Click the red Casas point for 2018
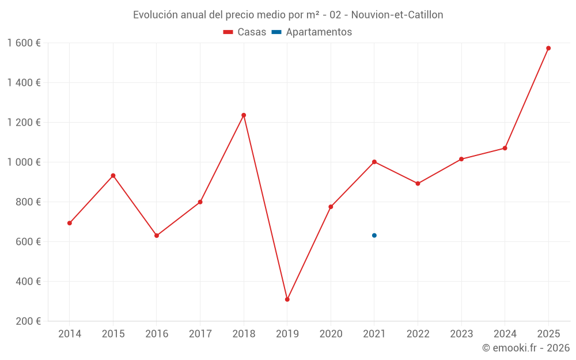(x=244, y=115)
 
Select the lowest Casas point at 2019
(x=287, y=300)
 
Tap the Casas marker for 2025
(x=548, y=48)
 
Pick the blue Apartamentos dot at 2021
(x=374, y=236)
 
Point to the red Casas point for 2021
(x=374, y=162)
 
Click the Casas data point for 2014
(x=70, y=223)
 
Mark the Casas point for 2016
(x=157, y=236)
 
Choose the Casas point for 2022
(x=418, y=184)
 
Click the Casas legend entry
(x=245, y=32)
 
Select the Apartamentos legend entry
(x=312, y=32)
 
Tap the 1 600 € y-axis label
(x=24, y=43)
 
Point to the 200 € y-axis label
(x=27, y=321)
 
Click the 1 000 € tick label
(x=24, y=162)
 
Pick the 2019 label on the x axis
(x=287, y=334)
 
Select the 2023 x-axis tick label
(x=461, y=334)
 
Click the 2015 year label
(x=113, y=334)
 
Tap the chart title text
(x=288, y=15)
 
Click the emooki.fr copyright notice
(x=525, y=348)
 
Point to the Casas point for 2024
(x=505, y=148)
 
